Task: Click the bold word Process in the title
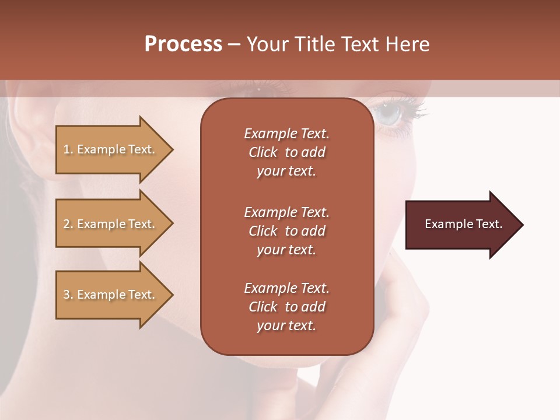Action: click(x=183, y=44)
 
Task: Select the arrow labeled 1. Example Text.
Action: click(x=111, y=149)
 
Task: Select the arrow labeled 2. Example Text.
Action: click(x=111, y=224)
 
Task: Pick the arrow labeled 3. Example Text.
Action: click(x=111, y=295)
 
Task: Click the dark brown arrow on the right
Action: click(x=461, y=225)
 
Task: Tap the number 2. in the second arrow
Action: click(x=68, y=224)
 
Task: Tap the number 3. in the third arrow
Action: click(x=68, y=295)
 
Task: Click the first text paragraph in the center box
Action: click(x=286, y=152)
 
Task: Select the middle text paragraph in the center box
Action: click(x=286, y=231)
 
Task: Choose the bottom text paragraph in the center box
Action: click(x=286, y=307)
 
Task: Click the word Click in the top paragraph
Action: click(x=263, y=152)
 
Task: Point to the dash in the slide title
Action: click(x=234, y=44)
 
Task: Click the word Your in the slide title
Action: click(x=266, y=44)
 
